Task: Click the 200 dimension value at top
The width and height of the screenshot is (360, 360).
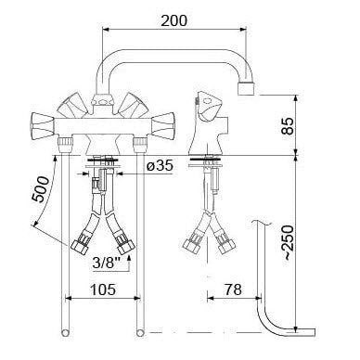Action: (174, 20)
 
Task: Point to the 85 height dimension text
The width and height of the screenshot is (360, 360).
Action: (288, 126)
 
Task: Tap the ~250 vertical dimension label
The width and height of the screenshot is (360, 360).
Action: (289, 243)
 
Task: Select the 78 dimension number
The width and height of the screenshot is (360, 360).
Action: (233, 289)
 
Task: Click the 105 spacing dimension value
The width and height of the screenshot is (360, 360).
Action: (103, 289)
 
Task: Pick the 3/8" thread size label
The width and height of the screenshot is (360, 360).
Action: (106, 264)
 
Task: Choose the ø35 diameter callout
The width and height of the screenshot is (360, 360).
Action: (161, 166)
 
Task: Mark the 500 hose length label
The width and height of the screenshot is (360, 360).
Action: (41, 189)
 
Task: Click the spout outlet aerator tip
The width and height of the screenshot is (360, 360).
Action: (246, 88)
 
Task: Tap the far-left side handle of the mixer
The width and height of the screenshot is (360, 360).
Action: (43, 126)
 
